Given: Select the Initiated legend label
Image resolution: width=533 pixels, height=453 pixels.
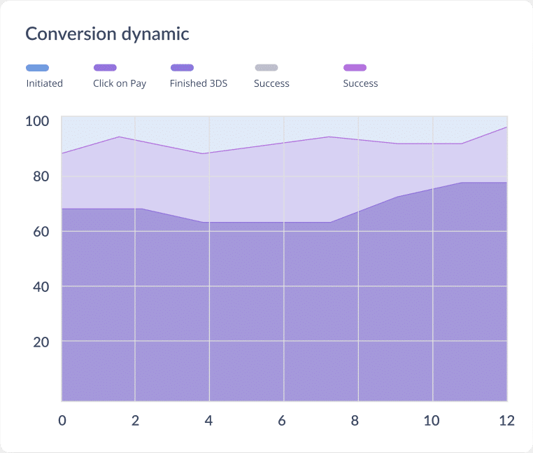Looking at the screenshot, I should point(44,83).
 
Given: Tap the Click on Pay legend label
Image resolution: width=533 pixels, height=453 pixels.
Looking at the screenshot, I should point(120,83).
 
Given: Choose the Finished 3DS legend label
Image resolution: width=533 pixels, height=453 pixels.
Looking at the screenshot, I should point(198,83).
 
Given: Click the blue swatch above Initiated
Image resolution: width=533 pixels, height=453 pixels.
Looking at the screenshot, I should point(37,68).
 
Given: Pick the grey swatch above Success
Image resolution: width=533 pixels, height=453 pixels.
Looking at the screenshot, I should point(266,68).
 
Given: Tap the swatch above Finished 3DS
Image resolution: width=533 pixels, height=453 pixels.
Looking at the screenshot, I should point(182,68).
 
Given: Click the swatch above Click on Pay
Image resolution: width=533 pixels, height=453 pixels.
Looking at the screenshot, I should point(105,68).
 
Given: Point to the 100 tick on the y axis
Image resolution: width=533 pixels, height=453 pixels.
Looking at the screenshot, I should point(37,121).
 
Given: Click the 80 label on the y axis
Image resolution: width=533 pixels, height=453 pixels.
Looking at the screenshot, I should point(41,176).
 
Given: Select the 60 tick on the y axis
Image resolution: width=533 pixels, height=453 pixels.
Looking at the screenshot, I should point(41,232).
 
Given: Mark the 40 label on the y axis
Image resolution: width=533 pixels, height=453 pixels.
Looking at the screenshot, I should point(41,287).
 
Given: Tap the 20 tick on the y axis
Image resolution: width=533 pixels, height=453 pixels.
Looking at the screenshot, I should point(41,342).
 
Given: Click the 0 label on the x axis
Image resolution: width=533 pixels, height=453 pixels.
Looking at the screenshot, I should point(62,421).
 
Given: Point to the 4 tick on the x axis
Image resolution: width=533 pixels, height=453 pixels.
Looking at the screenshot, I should point(209,421).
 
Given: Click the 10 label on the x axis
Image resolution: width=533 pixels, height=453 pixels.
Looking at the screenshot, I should point(432,421).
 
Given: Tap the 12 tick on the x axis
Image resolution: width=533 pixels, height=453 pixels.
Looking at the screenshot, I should point(506,421).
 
